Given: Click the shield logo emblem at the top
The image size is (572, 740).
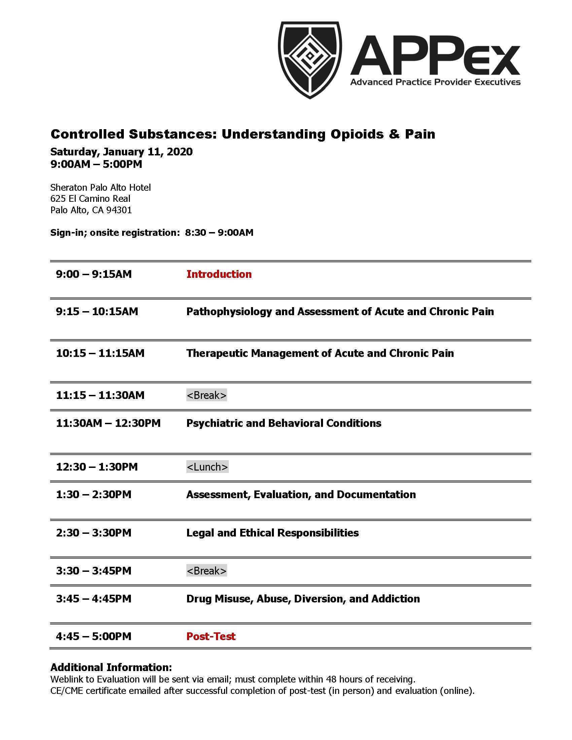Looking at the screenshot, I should point(310,60).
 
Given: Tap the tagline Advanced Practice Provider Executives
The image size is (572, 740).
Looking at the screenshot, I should point(435,82).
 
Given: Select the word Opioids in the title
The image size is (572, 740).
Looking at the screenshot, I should point(357,134).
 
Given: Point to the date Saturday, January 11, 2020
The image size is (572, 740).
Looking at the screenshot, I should point(121,151).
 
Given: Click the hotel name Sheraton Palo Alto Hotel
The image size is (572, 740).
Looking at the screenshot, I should point(100,187).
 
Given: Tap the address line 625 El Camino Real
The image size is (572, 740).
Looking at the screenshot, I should point(90,198).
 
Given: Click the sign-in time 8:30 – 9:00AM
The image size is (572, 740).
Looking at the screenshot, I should point(219,232).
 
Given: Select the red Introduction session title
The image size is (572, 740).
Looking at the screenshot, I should point(219,274).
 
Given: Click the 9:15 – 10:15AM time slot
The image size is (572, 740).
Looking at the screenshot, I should point(97,311).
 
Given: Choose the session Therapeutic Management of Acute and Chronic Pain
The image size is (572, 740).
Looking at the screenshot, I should point(320,353).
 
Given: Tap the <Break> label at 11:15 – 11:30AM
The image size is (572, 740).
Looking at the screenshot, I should point(206,395).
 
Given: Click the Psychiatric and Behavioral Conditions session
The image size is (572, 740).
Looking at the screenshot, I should point(284,423).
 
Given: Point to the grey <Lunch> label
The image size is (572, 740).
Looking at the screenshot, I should point(207,467).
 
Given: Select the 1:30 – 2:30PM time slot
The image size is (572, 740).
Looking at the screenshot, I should point(94,494).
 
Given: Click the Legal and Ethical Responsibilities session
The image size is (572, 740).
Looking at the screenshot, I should point(273,533).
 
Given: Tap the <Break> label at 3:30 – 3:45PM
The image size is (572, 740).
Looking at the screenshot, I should point(206,570).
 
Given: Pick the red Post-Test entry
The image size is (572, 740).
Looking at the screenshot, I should point(211,636).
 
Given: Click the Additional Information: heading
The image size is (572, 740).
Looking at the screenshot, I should point(111,667).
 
